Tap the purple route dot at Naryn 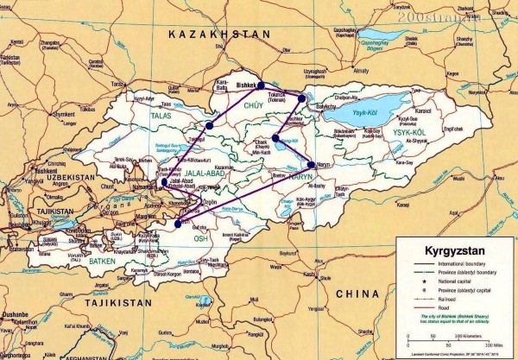(312, 164)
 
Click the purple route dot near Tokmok (301, 98)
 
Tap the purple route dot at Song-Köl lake (275, 137)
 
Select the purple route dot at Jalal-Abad (164, 182)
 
